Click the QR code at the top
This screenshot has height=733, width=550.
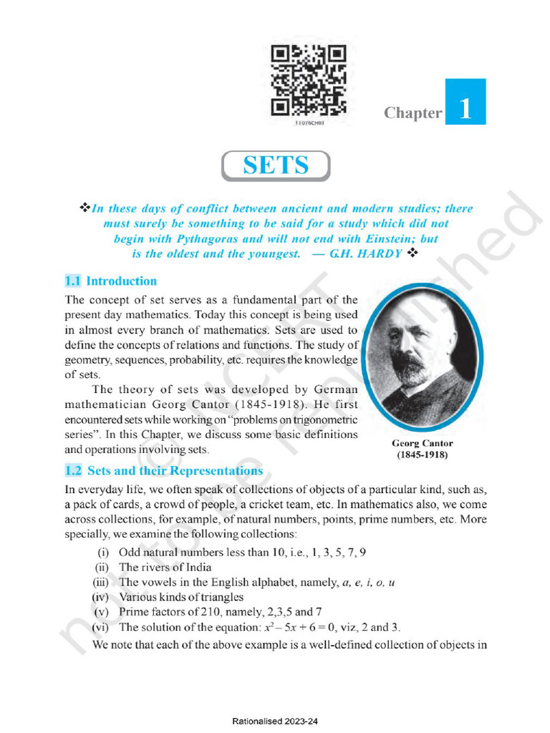pyautogui.click(x=309, y=80)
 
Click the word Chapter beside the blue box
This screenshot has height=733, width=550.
pyautogui.click(x=412, y=113)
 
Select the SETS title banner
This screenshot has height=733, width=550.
pyautogui.click(x=276, y=165)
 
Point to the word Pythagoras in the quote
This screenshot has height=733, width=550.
pyautogui.click(x=203, y=239)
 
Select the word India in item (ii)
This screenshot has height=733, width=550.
pyautogui.click(x=197, y=568)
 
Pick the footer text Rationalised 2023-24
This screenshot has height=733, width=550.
pyautogui.click(x=275, y=722)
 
